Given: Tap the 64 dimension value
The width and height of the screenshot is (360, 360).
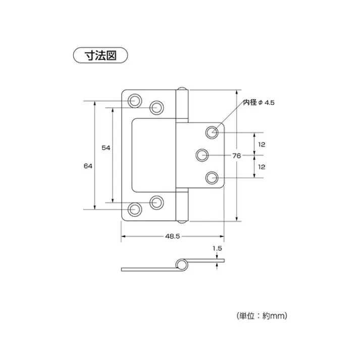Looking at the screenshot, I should click(x=88, y=166).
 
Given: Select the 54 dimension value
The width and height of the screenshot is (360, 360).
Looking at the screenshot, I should click(x=106, y=147).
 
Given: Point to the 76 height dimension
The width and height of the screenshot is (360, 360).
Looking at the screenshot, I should click(x=236, y=156).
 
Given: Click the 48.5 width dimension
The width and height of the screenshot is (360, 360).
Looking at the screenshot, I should click(x=172, y=236).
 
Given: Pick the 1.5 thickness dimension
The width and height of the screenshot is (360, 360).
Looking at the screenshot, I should click(x=217, y=248).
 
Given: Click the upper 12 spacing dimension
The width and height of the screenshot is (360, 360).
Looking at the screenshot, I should click(x=262, y=144).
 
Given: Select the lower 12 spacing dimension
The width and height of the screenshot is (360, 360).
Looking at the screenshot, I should click(x=262, y=166).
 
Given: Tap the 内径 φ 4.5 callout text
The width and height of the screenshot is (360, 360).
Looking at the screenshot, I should click(x=259, y=102).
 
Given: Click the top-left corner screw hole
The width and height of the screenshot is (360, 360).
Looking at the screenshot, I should click(x=135, y=101).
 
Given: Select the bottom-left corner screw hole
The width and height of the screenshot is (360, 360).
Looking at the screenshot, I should click(x=135, y=210).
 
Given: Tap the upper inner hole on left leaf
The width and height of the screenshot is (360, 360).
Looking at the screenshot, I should click(x=157, y=107).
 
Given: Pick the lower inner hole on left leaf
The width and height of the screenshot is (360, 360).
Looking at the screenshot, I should click(x=157, y=203).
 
